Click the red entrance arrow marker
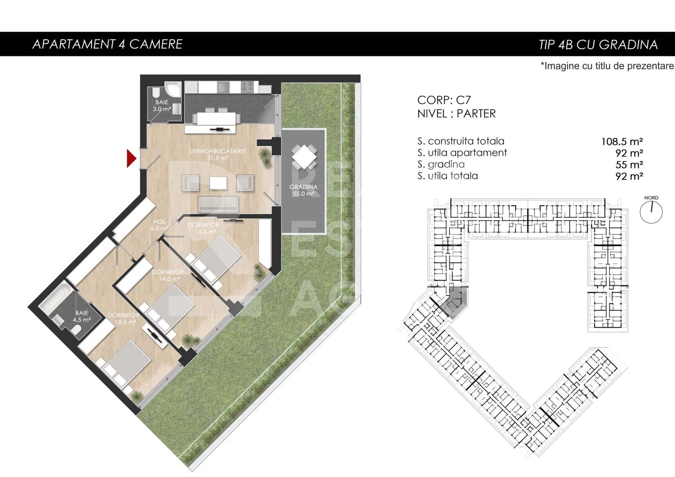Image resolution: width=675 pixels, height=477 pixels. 131,159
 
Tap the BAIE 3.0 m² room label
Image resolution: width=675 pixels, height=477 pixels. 162,106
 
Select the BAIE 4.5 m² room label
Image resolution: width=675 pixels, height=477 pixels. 82,316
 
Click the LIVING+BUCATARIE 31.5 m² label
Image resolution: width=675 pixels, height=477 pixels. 217,154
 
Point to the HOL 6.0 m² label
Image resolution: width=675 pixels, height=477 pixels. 159,225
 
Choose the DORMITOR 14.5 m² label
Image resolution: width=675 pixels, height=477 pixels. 203,228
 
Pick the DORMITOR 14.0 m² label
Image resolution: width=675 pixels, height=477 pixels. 167,275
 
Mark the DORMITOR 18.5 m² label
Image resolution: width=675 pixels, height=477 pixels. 123,318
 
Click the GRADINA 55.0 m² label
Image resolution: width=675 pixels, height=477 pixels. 303,190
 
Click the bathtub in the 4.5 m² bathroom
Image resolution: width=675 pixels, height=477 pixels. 56,298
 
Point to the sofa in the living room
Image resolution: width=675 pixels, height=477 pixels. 219,204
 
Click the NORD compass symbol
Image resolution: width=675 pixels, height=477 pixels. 651,211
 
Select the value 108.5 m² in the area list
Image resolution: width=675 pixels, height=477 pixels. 622,142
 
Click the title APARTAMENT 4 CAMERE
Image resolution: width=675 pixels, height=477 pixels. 107,44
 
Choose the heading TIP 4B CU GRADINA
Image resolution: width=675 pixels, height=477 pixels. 598,45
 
